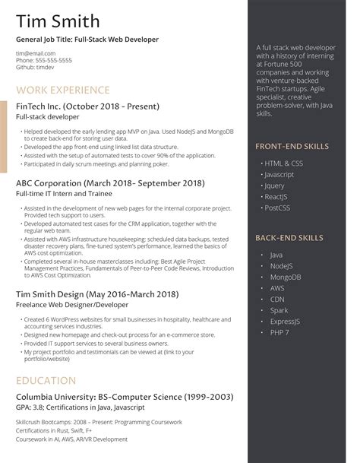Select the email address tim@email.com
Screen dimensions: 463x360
35,53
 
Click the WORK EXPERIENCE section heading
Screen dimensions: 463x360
61,90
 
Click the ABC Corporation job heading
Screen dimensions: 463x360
110,183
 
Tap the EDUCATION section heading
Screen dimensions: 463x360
46,380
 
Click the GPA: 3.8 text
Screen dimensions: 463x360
30,408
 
